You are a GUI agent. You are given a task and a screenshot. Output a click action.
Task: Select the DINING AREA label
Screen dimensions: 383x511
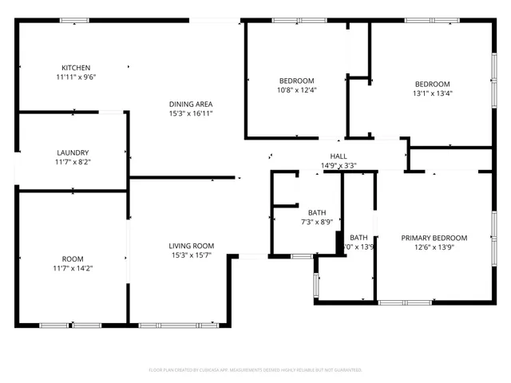[x=190, y=104]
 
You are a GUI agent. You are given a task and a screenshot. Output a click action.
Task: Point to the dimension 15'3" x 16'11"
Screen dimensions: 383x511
[x=190, y=114]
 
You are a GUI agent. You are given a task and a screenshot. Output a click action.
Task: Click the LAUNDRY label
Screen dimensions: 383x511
[x=73, y=152]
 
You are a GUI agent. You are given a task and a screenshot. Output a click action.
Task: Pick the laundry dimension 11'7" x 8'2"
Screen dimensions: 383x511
[x=73, y=163]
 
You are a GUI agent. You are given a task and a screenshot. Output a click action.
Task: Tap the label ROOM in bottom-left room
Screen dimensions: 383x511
[x=73, y=259]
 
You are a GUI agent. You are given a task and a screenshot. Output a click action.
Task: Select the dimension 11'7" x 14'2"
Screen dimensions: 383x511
[x=73, y=269]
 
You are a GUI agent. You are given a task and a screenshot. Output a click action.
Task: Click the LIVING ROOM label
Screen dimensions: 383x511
[x=191, y=246]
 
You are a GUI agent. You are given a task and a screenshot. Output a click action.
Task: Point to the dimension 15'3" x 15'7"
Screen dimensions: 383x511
[x=191, y=256]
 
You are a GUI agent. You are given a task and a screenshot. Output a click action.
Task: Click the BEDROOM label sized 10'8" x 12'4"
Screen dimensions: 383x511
[x=296, y=81]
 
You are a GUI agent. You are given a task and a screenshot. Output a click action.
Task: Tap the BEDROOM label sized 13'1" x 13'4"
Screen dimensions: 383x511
[x=432, y=84]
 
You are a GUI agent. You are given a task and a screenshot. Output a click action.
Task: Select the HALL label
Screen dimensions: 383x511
[x=339, y=156]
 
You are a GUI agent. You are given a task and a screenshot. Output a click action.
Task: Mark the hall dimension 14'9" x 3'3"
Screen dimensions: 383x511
[x=339, y=166]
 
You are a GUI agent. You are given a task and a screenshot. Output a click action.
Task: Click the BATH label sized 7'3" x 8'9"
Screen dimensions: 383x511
[x=317, y=212]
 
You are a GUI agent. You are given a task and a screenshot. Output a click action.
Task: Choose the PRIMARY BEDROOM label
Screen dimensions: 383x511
[x=434, y=238]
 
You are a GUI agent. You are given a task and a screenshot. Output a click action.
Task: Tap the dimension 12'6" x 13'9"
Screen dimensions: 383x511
[x=434, y=248]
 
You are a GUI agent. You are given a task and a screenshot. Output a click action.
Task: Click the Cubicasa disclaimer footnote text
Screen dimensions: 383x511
[x=255, y=370]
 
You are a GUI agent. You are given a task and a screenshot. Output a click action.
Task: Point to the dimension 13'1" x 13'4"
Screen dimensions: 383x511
[x=432, y=94]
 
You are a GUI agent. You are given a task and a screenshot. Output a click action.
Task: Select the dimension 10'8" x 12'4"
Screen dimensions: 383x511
[x=296, y=91]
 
